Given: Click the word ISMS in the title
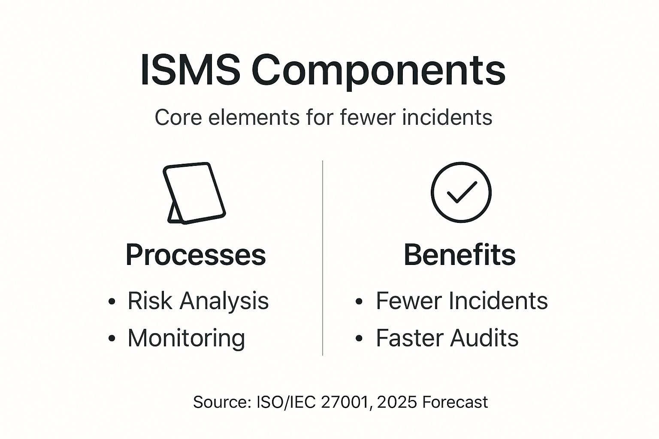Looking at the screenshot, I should tap(190, 70).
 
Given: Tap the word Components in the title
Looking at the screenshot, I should tap(378, 71).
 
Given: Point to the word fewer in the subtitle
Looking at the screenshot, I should tap(367, 117).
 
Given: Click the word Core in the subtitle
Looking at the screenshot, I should tap(178, 117).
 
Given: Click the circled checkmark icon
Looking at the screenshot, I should tap(461, 192).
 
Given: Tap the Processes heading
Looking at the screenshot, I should tap(196, 255).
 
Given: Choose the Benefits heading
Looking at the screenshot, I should tap(459, 255).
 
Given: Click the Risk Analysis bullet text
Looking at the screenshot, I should tap(198, 301).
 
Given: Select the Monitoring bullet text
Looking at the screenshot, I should tap(186, 338).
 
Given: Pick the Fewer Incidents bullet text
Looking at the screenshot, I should tap(462, 301).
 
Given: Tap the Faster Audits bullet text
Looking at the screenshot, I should tap(447, 338).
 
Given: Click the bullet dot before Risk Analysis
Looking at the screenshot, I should tap(112, 301).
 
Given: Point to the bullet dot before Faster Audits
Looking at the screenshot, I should tap(359, 339).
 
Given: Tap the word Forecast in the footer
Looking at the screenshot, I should tap(455, 402).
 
